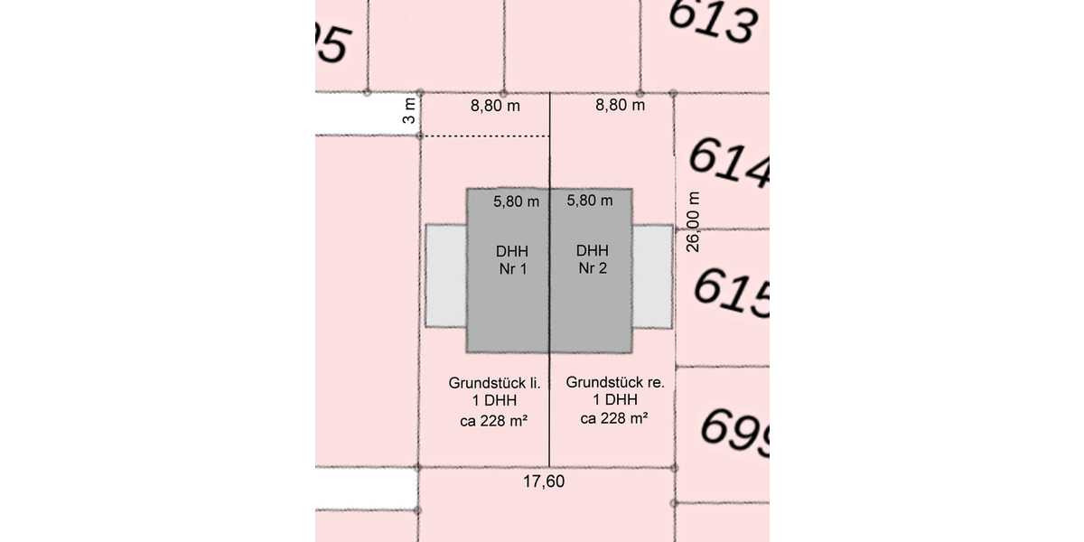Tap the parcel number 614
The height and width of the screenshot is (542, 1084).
click(x=728, y=164)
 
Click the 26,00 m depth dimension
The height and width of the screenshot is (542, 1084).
click(x=693, y=222)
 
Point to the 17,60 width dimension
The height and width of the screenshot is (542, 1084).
click(x=544, y=481)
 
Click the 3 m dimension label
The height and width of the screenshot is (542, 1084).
click(x=410, y=112)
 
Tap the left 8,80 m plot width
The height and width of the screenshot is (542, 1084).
click(x=495, y=106)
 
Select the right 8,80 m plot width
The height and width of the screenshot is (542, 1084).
click(x=620, y=106)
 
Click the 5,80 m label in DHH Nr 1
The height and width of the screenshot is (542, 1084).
click(x=517, y=201)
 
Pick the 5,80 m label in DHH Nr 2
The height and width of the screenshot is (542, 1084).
click(x=589, y=201)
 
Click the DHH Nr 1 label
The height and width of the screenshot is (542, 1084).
click(x=511, y=259)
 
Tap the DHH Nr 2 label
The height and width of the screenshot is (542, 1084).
click(x=593, y=259)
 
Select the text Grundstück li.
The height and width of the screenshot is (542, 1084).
click(x=494, y=382)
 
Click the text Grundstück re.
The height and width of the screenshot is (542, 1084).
click(x=615, y=382)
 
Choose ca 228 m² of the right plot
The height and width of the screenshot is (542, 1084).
click(x=615, y=419)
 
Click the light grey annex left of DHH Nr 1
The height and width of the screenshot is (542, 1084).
click(x=445, y=276)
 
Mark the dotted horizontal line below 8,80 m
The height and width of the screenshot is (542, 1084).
click(x=486, y=136)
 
